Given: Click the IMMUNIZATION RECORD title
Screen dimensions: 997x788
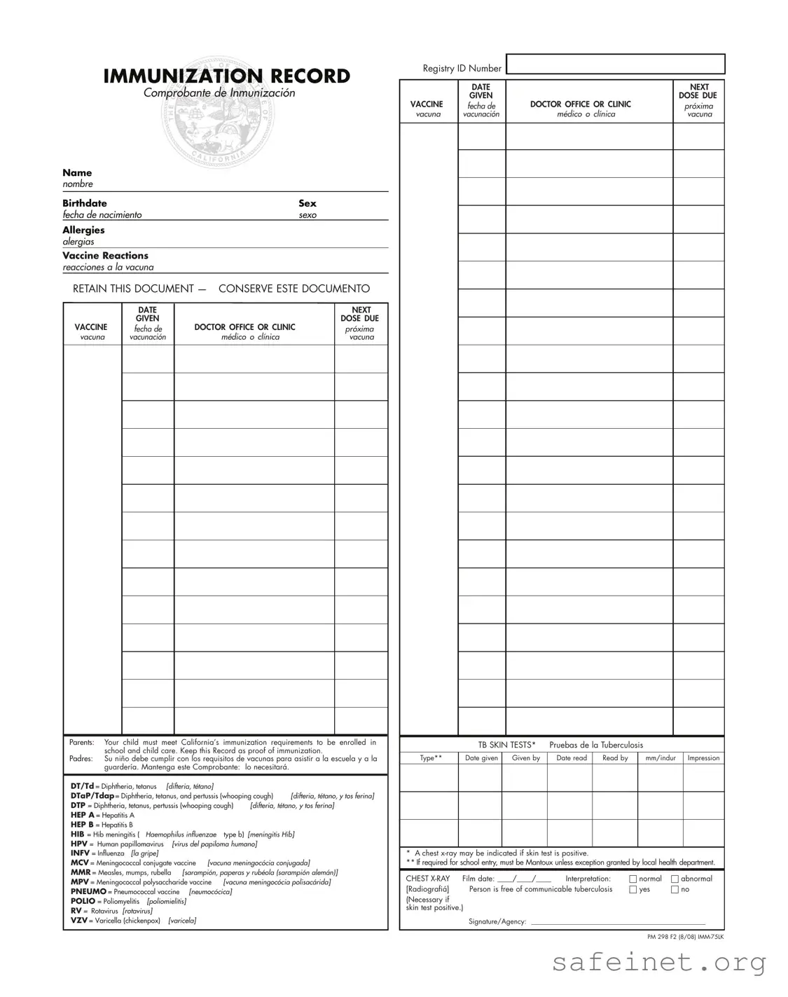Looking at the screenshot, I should point(226,76).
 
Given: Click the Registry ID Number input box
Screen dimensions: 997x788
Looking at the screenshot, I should point(615,64).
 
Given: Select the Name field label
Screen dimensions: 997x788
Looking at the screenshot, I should point(77,173).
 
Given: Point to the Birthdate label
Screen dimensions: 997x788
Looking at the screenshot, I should point(85,203).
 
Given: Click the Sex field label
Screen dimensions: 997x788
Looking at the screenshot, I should point(307,203).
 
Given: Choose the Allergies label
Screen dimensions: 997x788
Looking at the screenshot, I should point(83,230).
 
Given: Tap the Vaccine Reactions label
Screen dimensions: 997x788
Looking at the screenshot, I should point(105,256).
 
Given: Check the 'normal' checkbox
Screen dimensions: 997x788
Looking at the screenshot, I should point(633,879).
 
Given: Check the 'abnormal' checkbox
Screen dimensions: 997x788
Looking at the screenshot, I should point(675,879).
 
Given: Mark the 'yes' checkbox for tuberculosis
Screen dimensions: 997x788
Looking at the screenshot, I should point(633,890).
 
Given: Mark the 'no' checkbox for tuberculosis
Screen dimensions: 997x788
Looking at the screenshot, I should point(675,890).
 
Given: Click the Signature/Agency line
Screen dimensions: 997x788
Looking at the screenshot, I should point(617,921).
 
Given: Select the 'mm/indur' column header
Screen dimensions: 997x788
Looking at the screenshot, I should point(660,758).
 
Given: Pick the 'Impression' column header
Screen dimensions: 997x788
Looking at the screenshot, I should point(703,758).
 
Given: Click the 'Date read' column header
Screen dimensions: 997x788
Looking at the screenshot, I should point(572,758).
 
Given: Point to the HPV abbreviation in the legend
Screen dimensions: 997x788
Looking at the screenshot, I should point(79,844).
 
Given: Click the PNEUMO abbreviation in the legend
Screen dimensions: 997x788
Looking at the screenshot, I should point(88,892).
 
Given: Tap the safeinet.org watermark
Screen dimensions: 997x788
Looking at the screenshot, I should point(659,963).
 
